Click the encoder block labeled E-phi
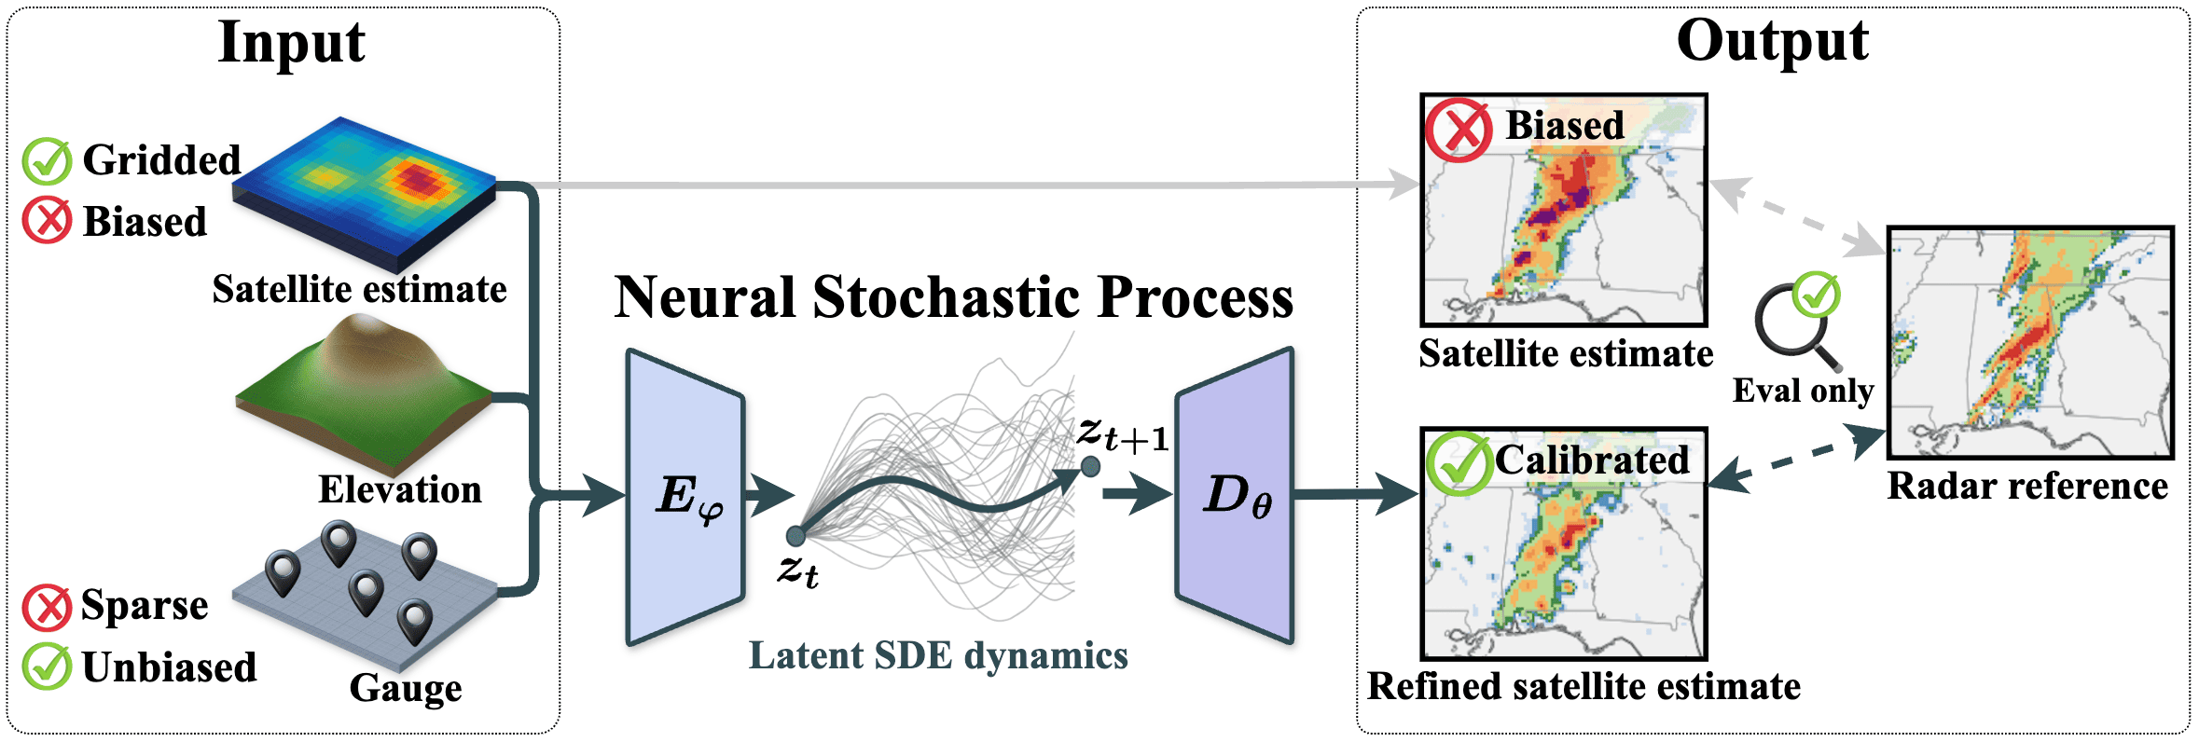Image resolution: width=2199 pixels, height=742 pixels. coord(686,497)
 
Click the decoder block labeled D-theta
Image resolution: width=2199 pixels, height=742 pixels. coord(1235,495)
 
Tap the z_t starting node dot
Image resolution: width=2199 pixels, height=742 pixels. coord(795,536)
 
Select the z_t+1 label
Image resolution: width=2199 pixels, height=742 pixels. coord(1123,433)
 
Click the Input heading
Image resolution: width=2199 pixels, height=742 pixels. coord(291,43)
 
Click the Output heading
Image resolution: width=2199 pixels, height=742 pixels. coord(1772,41)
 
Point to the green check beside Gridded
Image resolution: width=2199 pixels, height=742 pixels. coord(47,161)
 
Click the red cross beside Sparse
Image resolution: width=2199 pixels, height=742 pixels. coord(47,608)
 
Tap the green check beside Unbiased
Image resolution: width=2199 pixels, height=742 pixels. coord(47,667)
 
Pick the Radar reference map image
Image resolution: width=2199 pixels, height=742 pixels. coord(2030,342)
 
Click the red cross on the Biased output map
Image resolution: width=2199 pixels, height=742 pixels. coord(1458,130)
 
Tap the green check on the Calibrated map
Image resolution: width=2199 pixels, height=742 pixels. coord(1458,463)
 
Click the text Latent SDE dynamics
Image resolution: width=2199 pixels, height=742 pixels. coord(938,655)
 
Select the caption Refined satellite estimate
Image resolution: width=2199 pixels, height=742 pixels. coord(1584,687)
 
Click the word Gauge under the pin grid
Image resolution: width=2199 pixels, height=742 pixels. coord(406,689)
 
